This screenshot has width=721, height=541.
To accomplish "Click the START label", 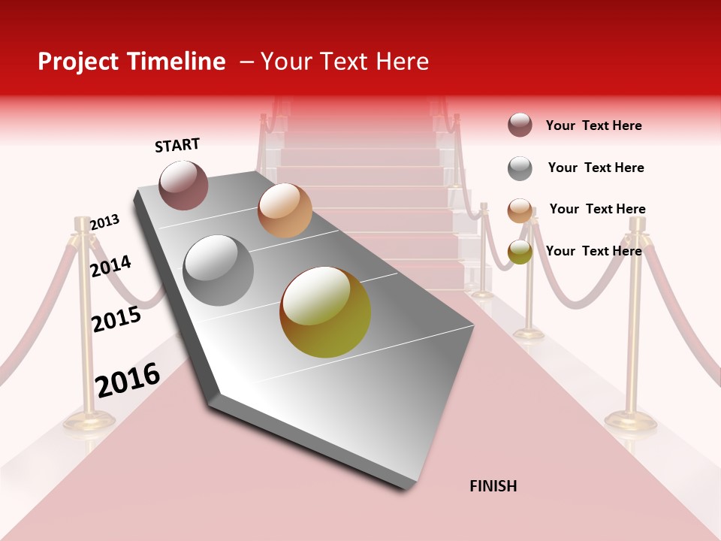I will click(177, 145).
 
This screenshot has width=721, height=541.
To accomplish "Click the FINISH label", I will click(493, 486).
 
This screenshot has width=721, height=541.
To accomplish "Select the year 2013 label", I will click(104, 222).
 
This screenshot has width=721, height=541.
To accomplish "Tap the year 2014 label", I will click(110, 266).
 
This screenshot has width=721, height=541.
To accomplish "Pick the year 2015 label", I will click(116, 319).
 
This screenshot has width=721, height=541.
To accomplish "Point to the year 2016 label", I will click(128, 379).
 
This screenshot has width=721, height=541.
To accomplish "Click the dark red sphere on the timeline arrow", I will click(183, 186).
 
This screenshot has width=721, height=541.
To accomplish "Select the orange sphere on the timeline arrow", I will click(285, 210).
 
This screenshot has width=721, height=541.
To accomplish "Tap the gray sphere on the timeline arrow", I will click(219, 270).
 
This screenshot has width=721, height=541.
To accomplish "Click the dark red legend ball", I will click(520, 125).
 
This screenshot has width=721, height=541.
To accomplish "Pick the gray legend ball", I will click(520, 168).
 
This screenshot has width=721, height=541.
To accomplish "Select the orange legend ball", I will click(520, 210).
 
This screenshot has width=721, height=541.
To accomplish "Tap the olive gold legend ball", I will click(520, 252).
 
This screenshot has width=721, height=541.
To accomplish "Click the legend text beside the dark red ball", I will click(593, 125).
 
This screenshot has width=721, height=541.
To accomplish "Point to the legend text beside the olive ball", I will click(593, 251).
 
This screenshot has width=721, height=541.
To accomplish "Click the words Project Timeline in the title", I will click(131, 62).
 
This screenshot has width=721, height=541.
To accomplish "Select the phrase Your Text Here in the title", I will click(344, 62).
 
